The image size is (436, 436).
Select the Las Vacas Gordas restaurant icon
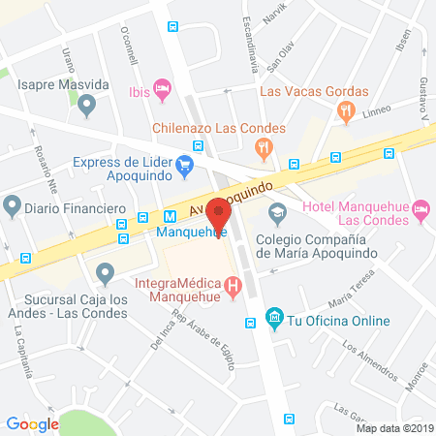click(345, 111)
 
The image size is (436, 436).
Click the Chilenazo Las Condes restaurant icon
click(261, 148)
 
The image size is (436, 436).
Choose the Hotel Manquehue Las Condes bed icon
click(420, 208)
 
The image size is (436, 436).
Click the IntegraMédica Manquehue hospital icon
click(233, 286)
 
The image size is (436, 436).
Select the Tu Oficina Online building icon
click(274, 317)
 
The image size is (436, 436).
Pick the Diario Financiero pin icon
click(13, 205)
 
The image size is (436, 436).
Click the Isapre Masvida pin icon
click(87, 104)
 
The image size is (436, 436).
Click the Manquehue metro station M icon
click(171, 218)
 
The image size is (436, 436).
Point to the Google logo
click(32, 423)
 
